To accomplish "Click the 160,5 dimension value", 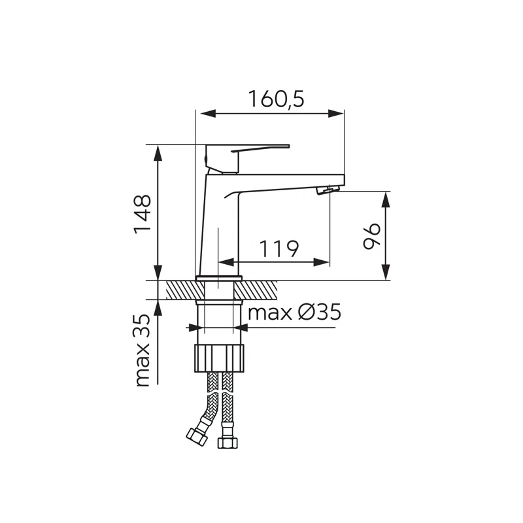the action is tap(276, 99).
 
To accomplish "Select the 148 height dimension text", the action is tap(143, 214).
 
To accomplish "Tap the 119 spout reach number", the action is tap(279, 248).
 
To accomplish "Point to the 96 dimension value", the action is tap(371, 236).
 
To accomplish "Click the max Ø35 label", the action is tap(295, 312).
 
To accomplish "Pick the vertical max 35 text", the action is tap(143, 350).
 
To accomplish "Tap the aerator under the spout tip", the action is tap(328, 190).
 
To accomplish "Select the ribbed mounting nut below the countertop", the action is tap(220, 358).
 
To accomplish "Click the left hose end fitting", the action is tap(197, 437).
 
